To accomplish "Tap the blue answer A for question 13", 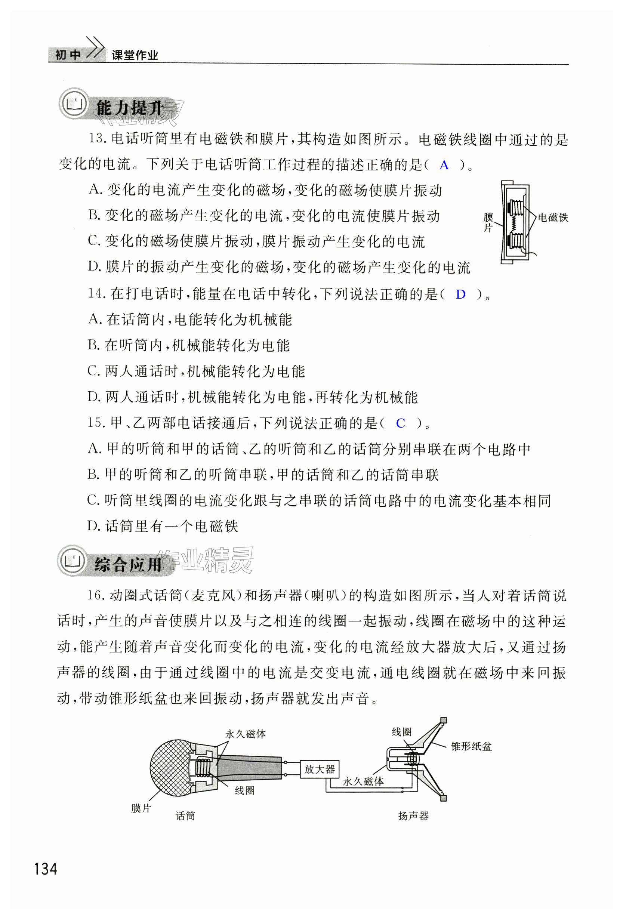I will tap(444, 165).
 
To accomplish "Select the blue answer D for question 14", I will tap(460, 294).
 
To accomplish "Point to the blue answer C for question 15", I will tap(400, 423).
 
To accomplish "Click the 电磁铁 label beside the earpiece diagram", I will tap(553, 218).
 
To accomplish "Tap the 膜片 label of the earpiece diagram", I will tap(488, 223).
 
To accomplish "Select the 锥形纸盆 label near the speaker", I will tap(472, 746).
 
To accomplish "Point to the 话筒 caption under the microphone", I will tap(185, 816).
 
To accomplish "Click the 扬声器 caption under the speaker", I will tap(413, 816).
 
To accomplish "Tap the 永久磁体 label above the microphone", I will tap(246, 734).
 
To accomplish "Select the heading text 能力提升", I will tap(130, 108).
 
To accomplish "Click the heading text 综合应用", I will tap(128, 564).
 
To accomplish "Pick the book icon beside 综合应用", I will tap(73, 560).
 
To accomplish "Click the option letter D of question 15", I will tap(94, 526).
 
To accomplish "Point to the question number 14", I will tap(96, 294).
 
